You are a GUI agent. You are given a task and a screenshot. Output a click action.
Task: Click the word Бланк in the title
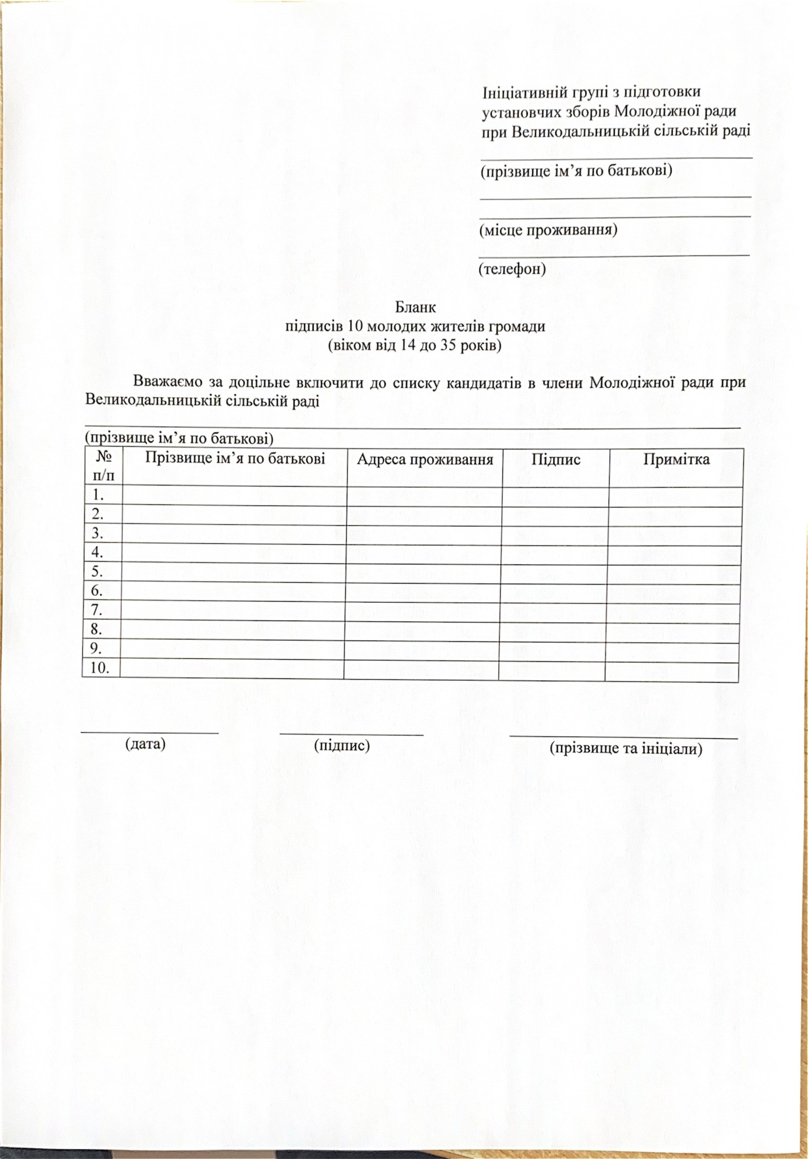pyautogui.click(x=416, y=308)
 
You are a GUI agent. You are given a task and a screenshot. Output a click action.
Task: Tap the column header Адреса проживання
pyautogui.click(x=425, y=459)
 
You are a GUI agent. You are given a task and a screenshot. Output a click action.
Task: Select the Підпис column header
pyautogui.click(x=555, y=459)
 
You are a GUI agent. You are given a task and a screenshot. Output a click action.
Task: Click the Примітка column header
pyautogui.click(x=676, y=459)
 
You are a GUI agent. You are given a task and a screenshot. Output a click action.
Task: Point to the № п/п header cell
pyautogui.click(x=103, y=466)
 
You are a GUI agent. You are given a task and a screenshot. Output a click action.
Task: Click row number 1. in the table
pyautogui.click(x=99, y=496)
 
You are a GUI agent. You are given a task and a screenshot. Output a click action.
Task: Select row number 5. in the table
pyautogui.click(x=97, y=572)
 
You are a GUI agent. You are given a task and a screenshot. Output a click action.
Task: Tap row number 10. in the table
pyautogui.click(x=100, y=668)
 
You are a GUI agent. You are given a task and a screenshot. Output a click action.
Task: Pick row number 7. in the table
pyautogui.click(x=97, y=610)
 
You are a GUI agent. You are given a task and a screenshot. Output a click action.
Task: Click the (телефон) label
pyautogui.click(x=512, y=269)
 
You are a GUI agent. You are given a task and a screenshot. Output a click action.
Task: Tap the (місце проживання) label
pyautogui.click(x=548, y=230)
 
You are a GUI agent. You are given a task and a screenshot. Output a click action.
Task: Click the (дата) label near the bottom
pyautogui.click(x=146, y=744)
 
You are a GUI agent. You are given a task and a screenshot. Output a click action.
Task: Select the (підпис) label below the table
pyautogui.click(x=342, y=745)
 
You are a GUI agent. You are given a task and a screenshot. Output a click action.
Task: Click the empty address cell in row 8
pyautogui.click(x=422, y=630)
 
